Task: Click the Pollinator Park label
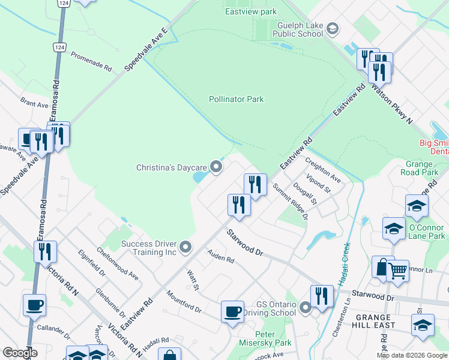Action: [x=237, y=99]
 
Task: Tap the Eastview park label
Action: [x=251, y=11]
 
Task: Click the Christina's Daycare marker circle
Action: [x=217, y=167]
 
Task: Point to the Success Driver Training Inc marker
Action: [x=186, y=247]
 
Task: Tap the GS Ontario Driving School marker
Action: [x=306, y=308]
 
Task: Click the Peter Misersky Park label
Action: [x=265, y=338]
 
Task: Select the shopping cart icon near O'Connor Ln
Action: [x=397, y=271]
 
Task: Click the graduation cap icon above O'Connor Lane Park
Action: [x=417, y=206]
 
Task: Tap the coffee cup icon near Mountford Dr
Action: [x=232, y=311]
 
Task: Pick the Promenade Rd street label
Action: [x=91, y=61]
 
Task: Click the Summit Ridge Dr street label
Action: [x=290, y=201]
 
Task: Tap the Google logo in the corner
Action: [x=20, y=353]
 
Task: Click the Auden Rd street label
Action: [x=220, y=257]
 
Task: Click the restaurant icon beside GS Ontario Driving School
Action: [x=322, y=295]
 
